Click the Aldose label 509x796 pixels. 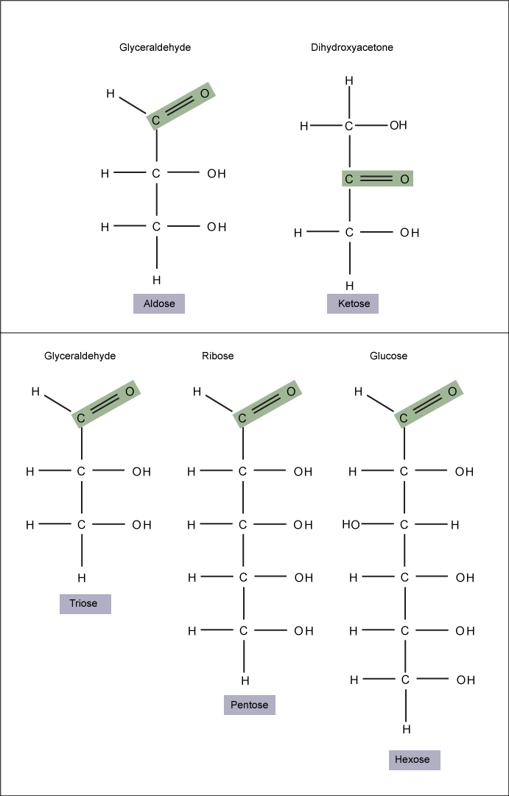tap(159, 303)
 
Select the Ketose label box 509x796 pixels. tap(353, 303)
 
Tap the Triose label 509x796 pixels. tap(85, 604)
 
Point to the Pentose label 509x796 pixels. tap(249, 705)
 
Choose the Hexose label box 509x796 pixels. tap(414, 760)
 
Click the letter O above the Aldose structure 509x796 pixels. tap(205, 93)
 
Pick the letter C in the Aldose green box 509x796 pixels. tap(155, 120)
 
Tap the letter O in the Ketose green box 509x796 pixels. tap(404, 179)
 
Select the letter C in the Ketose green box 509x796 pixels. tap(349, 179)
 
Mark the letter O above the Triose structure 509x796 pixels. tap(130, 392)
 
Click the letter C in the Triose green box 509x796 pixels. tap(80, 418)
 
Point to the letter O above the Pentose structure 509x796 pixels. tap(291, 392)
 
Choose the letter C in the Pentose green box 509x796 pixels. tap(242, 418)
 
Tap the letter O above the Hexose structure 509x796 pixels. tap(452, 392)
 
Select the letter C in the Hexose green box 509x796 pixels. tap(403, 418)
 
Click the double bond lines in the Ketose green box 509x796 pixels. tap(376, 179)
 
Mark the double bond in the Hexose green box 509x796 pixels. tap(428, 405)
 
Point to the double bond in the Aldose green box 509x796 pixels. tap(180, 106)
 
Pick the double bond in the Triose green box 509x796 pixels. tap(105, 405)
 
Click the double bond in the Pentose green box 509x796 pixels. tap(267, 405)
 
